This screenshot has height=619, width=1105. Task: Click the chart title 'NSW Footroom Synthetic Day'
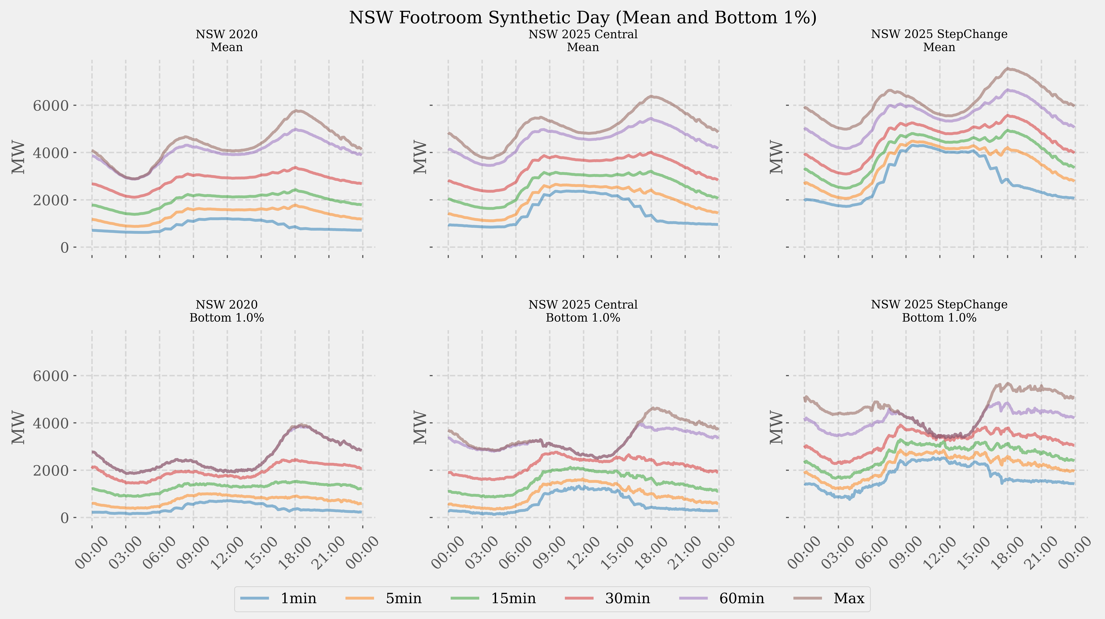point(583,18)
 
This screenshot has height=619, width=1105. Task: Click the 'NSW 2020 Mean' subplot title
point(226,41)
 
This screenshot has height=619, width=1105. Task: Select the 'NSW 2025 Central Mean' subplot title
point(583,41)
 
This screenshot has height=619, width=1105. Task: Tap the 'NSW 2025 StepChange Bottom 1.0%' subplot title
point(939,311)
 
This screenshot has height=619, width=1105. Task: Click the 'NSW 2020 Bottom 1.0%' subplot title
point(226,311)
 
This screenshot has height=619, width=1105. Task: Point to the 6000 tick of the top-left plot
point(51,106)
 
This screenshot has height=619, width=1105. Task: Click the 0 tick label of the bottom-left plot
point(64,518)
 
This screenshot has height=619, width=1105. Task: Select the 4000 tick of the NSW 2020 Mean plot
point(51,153)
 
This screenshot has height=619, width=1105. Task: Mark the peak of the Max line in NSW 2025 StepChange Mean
point(1008,68)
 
